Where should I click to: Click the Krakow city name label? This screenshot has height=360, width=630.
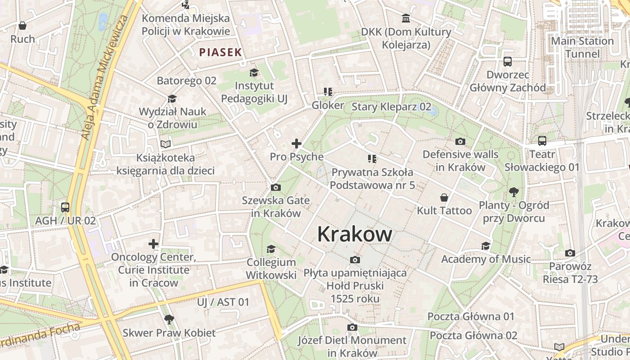click(x=355, y=234)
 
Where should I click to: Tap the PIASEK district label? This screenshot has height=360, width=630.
click(x=220, y=52)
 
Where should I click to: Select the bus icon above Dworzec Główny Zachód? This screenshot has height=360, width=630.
click(x=508, y=61)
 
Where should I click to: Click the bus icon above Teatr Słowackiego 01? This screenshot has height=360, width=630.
click(x=542, y=140)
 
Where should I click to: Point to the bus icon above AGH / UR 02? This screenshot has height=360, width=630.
click(x=65, y=207)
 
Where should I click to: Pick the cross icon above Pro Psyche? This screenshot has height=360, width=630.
click(x=297, y=144)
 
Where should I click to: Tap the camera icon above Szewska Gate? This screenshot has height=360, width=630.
click(x=276, y=187)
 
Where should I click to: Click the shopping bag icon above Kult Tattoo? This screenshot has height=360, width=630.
click(x=444, y=198)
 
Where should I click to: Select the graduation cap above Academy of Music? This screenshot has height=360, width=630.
click(x=486, y=246)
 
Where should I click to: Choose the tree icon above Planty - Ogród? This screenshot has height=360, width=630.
click(x=513, y=192)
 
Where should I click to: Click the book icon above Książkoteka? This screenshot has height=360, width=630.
click(x=166, y=144)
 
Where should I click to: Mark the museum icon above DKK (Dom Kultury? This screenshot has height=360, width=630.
click(x=406, y=18)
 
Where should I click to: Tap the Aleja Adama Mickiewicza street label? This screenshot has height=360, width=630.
click(x=103, y=76)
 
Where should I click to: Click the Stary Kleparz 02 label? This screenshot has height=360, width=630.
click(x=391, y=107)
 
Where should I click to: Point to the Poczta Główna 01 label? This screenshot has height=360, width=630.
click(x=470, y=316)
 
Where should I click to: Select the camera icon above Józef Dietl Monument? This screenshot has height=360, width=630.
click(x=352, y=327)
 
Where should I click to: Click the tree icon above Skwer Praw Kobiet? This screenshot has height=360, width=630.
click(x=169, y=319)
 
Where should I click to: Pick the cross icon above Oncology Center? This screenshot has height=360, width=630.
click(x=153, y=244)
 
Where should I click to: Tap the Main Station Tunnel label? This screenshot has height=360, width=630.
click(x=582, y=47)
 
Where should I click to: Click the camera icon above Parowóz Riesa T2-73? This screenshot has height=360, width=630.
click(x=570, y=253)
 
